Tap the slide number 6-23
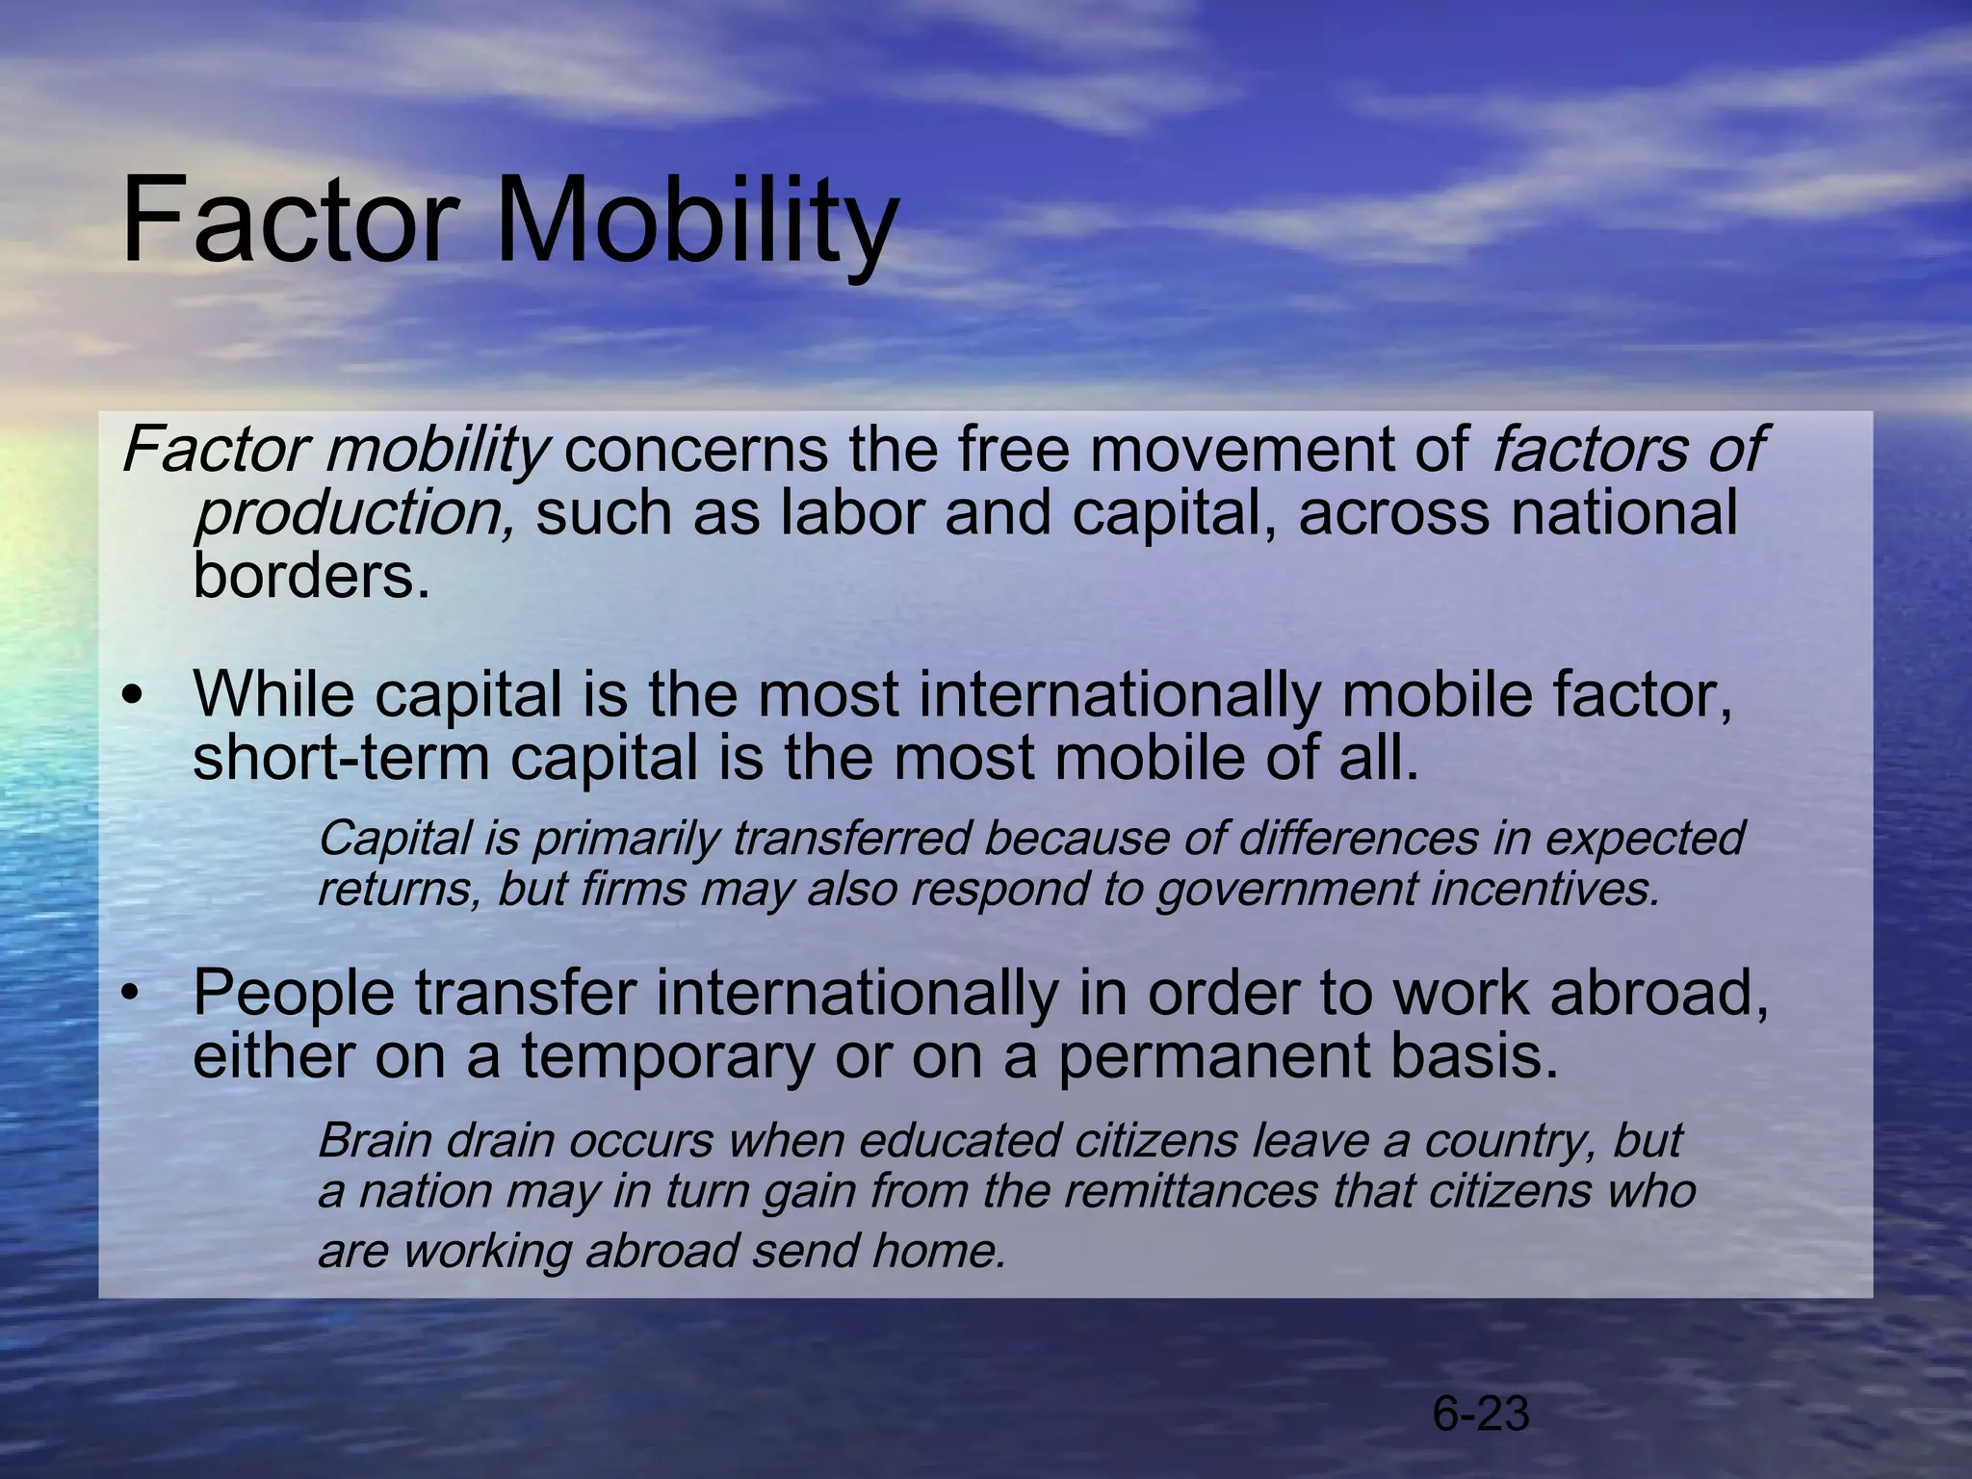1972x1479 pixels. click(1480, 1414)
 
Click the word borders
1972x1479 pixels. click(310, 576)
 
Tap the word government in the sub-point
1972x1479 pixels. click(1286, 889)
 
